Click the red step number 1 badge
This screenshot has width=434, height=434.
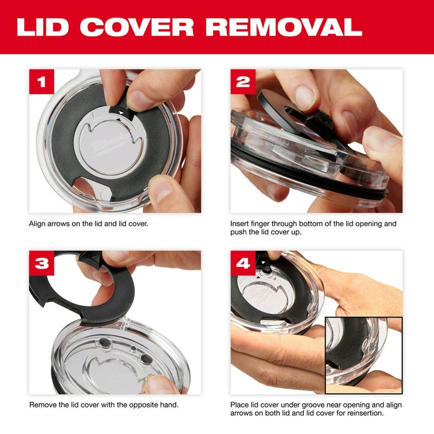(42, 82)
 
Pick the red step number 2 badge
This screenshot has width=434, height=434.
(243, 82)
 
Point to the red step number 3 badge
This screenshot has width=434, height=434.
(42, 263)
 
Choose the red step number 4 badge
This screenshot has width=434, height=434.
(243, 263)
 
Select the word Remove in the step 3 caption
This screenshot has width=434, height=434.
(42, 405)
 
